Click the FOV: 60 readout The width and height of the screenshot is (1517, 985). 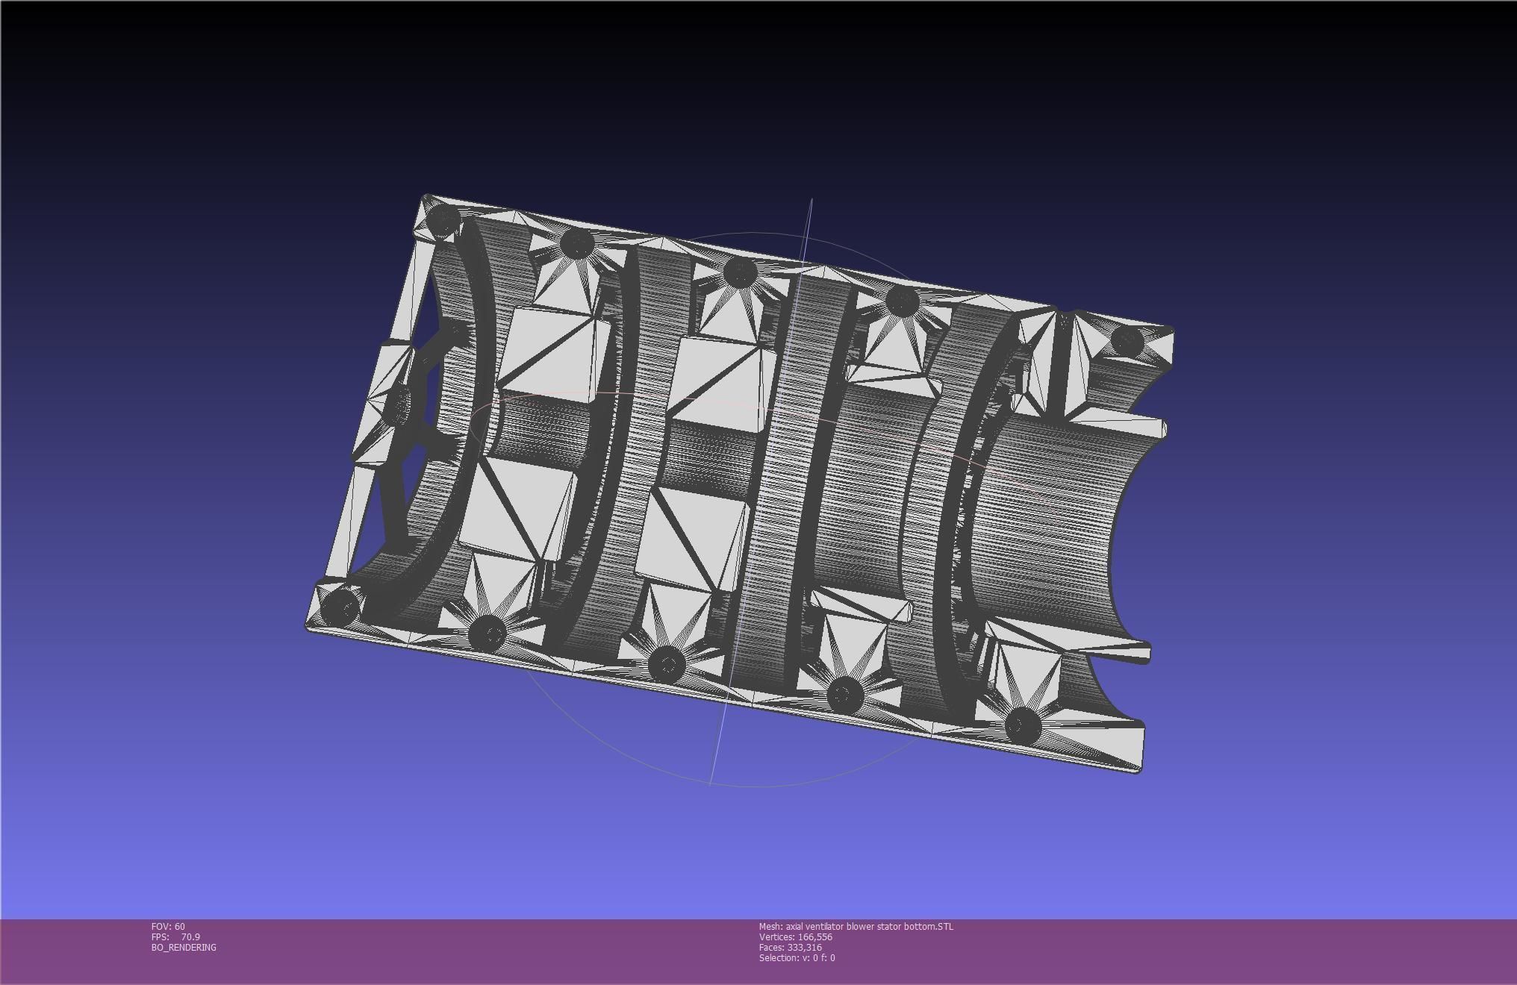click(x=168, y=926)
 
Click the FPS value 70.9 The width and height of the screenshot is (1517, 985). click(x=190, y=936)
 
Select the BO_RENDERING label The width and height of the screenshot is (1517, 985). click(x=184, y=947)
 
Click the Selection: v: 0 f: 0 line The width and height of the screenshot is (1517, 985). click(x=797, y=957)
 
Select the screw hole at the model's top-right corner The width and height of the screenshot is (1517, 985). click(x=1127, y=341)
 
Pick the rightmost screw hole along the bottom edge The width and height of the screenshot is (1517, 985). click(x=1021, y=724)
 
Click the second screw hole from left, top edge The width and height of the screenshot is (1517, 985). click(x=576, y=243)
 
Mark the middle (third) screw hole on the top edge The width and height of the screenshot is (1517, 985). click(x=740, y=272)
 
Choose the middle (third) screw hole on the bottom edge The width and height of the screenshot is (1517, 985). click(x=667, y=663)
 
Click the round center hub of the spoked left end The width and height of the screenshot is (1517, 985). click(x=404, y=404)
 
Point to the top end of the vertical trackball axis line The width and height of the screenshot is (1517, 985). click(x=812, y=200)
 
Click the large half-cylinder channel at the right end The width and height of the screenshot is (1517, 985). click(x=1060, y=522)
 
